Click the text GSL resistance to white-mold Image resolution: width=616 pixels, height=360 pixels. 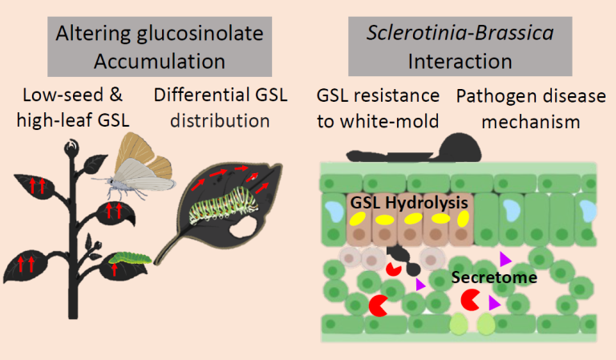tap(377, 110)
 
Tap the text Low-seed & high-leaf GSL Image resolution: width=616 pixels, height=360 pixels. tap(72, 110)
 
